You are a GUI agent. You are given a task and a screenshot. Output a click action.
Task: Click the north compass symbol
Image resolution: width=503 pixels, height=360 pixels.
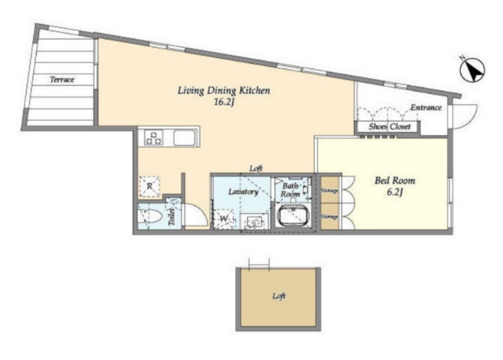pos(472,70)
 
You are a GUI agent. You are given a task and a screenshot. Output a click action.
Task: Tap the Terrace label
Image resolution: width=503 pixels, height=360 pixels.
pos(62,79)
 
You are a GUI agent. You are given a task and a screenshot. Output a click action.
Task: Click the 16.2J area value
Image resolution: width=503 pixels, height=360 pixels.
pos(223,102)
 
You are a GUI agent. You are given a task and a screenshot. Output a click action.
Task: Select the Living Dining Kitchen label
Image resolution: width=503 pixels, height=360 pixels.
pos(224,91)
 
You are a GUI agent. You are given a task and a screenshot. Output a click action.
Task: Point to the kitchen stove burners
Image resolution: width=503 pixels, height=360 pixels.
pos(153,137)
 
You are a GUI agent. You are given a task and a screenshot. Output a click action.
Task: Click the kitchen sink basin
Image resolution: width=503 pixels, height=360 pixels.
pos(184,138)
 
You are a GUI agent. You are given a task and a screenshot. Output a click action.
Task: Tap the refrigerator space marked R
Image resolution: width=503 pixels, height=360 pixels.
pos(150,186)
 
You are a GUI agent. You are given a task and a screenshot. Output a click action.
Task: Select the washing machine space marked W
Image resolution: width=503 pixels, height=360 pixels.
pos(224,219)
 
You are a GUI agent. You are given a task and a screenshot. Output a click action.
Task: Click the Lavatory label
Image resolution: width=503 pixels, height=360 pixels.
pos(243,192)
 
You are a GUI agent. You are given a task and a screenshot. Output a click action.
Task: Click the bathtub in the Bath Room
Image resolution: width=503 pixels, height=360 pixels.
pos(294,216)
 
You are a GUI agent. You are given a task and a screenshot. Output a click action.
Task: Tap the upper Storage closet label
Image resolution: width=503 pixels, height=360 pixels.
pos(329,191)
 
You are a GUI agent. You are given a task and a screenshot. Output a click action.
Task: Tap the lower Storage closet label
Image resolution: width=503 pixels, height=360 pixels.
pos(329,217)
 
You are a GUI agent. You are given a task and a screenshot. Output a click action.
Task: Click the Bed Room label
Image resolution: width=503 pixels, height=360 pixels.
pos(395,181)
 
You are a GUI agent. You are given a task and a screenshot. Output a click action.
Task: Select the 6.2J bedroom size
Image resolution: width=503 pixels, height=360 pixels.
pos(395,192)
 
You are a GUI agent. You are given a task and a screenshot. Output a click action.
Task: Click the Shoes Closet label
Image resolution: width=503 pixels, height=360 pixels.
pos(389,127)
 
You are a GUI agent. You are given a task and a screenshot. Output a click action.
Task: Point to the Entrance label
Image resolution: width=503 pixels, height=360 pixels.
pos(426,108)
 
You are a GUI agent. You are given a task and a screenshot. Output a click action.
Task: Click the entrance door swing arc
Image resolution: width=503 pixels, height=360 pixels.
pos(473,120)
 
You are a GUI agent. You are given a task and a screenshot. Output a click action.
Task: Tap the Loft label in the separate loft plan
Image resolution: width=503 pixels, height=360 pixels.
pos(279,296)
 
